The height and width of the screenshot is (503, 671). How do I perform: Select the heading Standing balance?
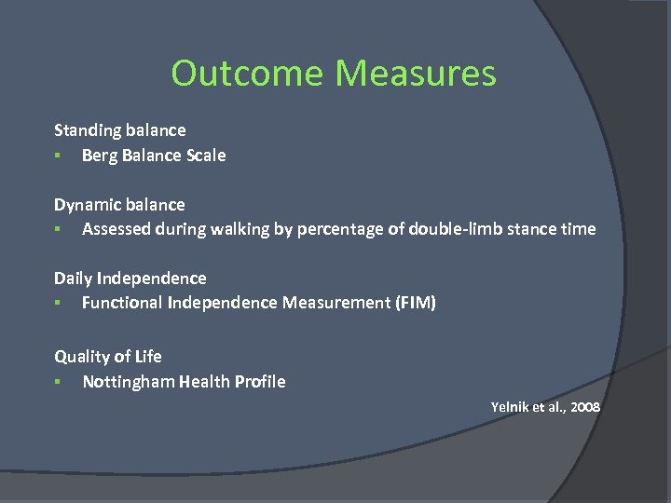click(x=119, y=130)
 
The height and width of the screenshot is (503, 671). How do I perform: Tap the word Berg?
click(x=101, y=156)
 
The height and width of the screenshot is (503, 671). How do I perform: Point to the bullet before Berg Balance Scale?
click(x=57, y=156)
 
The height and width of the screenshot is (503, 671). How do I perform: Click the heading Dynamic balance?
click(x=119, y=204)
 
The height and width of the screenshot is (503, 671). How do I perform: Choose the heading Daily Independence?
click(x=130, y=278)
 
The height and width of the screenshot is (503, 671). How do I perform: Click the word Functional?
click(x=122, y=303)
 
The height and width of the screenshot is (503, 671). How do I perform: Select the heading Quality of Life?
click(x=108, y=356)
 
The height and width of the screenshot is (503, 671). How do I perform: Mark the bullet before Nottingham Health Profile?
click(x=57, y=382)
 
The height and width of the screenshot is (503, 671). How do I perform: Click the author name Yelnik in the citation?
click(x=510, y=407)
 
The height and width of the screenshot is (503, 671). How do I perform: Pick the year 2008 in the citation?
click(x=583, y=407)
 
